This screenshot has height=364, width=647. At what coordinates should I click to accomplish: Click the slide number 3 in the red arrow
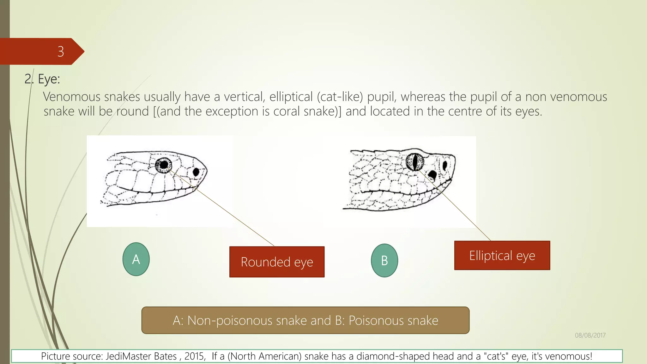(61, 52)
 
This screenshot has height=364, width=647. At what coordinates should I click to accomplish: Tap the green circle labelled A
(136, 259)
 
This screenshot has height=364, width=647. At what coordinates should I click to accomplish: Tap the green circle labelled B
(384, 260)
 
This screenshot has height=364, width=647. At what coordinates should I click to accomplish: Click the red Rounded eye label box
(277, 262)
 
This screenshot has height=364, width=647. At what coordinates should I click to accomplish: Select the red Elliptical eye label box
(502, 255)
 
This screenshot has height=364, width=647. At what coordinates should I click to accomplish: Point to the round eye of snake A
(163, 165)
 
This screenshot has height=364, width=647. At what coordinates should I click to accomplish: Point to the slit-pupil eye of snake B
(414, 161)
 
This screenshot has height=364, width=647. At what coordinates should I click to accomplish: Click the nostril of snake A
(196, 172)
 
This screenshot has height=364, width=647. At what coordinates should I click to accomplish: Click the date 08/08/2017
(590, 335)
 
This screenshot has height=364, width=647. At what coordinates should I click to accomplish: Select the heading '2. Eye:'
(42, 79)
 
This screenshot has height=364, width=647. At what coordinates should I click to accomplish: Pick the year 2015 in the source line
(195, 356)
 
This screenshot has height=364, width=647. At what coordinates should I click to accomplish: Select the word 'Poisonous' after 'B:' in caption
(393, 320)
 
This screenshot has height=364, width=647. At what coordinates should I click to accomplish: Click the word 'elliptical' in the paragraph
(291, 97)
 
